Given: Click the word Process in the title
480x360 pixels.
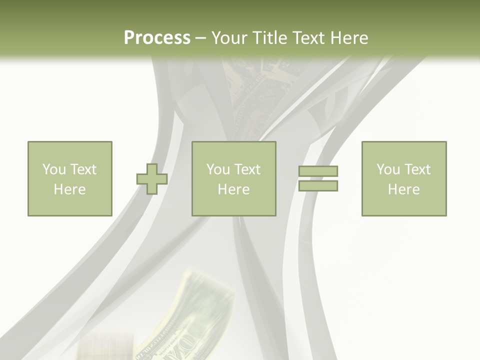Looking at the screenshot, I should click(157, 38).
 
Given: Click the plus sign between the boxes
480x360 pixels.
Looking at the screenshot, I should click(152, 179).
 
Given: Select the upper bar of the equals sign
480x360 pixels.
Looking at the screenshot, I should click(318, 171).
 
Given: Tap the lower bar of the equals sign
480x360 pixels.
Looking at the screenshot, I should click(318, 186).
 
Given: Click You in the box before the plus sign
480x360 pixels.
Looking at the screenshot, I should click(54, 169).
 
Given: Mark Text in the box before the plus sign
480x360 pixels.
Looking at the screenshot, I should click(83, 169).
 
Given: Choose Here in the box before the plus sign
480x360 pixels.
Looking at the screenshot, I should click(69, 189).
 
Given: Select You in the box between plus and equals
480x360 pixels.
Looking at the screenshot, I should click(218, 169).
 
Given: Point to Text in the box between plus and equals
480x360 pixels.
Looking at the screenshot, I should click(247, 169).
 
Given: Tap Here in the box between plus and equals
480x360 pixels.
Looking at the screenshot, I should click(233, 189).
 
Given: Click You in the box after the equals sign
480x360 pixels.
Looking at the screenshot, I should click(388, 169).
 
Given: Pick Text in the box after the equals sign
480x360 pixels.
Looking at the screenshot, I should click(417, 169).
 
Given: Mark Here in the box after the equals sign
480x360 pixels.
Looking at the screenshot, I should click(403, 189).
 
